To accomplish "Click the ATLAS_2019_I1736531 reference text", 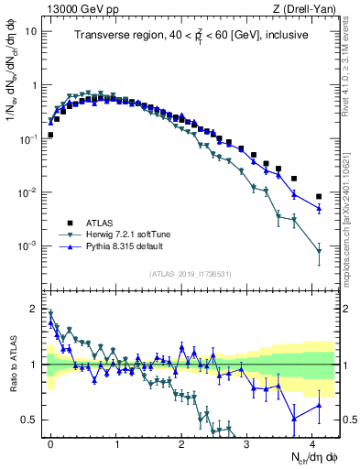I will click(191, 274).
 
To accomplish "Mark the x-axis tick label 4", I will click(312, 442).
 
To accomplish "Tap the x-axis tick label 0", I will click(50, 442).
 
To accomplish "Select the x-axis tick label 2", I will click(181, 442).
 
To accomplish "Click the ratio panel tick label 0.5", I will click(31, 420).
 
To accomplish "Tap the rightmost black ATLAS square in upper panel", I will click(319, 197).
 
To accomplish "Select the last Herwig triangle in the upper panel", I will click(319, 251).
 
